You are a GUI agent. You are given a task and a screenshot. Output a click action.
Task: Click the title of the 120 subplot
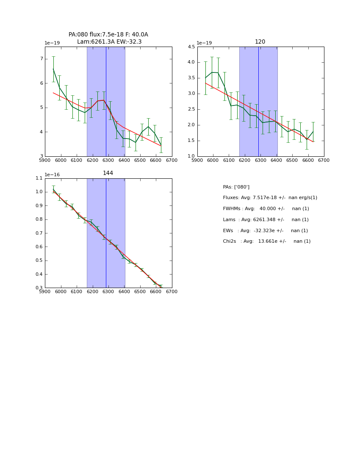(260, 42)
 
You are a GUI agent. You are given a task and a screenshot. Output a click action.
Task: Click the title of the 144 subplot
(108, 173)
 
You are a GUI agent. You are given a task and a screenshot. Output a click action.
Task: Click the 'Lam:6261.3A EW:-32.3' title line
(109, 42)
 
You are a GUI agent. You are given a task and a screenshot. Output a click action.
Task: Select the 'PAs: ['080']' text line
(236, 187)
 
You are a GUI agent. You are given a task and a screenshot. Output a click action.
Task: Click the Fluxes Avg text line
(270, 198)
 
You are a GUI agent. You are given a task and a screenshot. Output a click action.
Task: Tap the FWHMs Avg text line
(266, 209)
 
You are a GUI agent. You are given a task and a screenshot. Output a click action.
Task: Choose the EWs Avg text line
(265, 230)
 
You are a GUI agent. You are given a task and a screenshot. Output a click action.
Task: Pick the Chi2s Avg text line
(266, 241)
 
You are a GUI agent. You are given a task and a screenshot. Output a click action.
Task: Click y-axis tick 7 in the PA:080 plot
(41, 59)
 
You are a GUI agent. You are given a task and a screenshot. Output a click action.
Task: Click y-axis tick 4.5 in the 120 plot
(191, 47)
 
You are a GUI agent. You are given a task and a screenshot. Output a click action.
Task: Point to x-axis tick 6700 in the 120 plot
(324, 160)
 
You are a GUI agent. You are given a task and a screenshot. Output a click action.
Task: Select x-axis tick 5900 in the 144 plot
(45, 291)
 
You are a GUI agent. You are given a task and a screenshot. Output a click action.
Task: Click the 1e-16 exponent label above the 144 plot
(52, 175)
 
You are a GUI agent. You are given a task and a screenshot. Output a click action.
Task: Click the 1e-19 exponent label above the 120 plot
(205, 43)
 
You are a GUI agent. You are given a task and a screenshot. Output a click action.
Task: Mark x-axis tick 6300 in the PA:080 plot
(108, 160)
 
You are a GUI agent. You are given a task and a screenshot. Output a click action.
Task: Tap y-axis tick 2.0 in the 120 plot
(191, 125)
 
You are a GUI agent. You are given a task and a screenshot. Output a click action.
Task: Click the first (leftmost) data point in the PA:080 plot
(53, 69)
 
